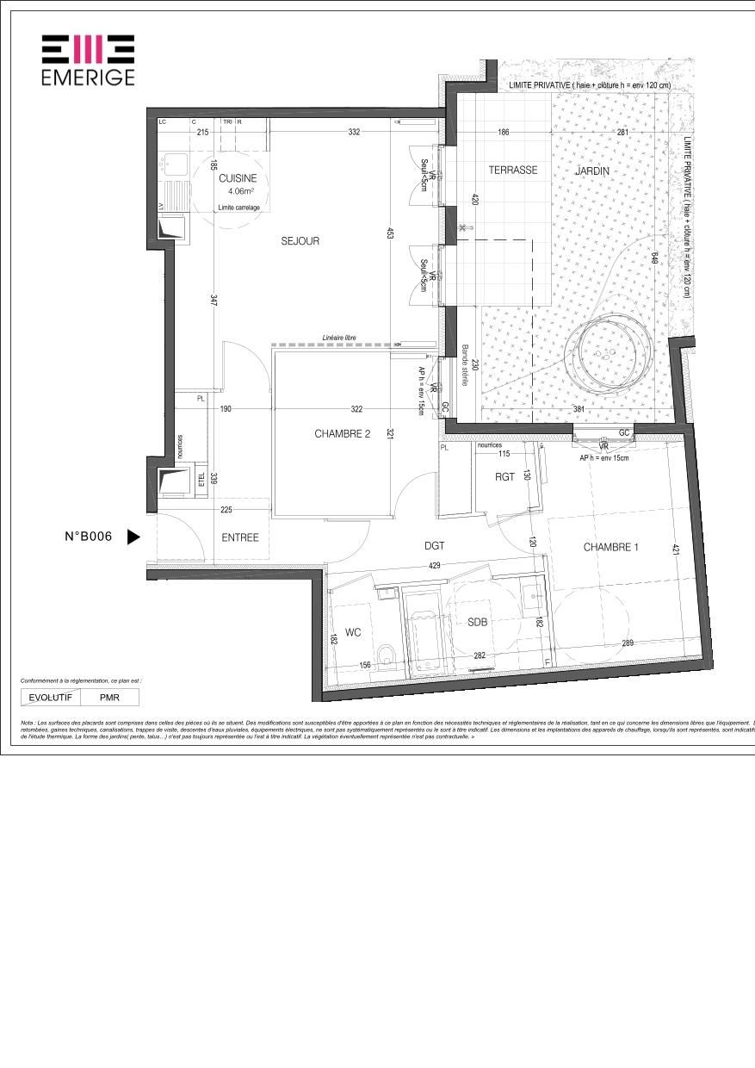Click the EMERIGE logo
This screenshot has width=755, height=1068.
coord(88,59)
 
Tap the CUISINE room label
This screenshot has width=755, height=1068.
coord(238,178)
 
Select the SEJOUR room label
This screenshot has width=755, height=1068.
coord(300,241)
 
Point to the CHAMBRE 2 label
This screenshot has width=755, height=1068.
coord(342,434)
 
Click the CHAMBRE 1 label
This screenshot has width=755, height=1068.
coord(610,547)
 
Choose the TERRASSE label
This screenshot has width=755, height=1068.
coord(513,171)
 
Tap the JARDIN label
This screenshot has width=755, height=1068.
coord(592,171)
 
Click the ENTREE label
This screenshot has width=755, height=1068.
coord(240,537)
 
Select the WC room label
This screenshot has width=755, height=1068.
coord(353,632)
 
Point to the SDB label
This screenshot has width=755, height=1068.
coord(478,622)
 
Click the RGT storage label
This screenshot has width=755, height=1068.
coord(504,476)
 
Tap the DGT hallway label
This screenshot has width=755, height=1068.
coord(434,544)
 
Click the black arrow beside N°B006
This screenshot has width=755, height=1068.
coord(133,537)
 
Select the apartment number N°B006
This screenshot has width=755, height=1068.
coord(89,537)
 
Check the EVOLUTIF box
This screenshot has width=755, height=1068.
coord(51,697)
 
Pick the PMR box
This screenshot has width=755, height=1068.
coord(109,697)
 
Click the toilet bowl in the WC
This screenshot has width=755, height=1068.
coord(388,657)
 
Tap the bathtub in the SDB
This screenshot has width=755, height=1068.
coord(424,633)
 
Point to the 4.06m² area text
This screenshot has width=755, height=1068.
coord(238,192)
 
